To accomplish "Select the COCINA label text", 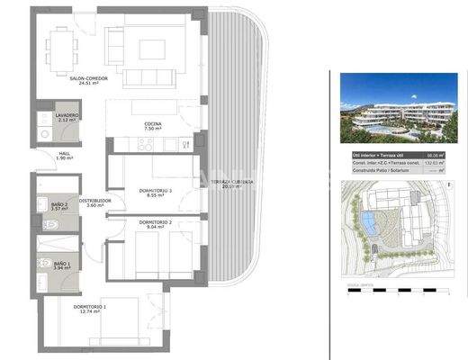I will coord(152,126).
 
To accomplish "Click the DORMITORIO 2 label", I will coord(155,224).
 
